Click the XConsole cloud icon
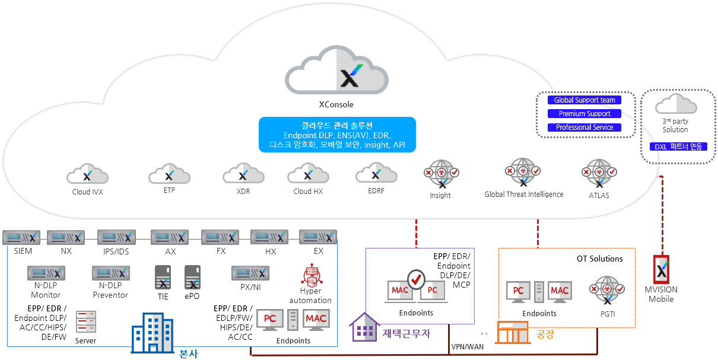point(336,70)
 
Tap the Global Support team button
point(584,100)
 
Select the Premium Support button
point(584,114)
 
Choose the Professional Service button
point(584,128)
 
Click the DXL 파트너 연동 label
point(678,146)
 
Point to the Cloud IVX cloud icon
point(87,174)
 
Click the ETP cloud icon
point(169,173)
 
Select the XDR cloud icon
point(244,173)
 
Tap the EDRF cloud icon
point(376,173)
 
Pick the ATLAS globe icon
point(599,173)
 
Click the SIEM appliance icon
point(21,237)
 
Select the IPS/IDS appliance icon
point(117,237)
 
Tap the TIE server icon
point(163,278)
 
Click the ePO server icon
point(193,278)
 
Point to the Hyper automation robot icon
point(312,275)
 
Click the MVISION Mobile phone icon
point(661,270)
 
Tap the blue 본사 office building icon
point(153,333)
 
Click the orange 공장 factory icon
point(513,333)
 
